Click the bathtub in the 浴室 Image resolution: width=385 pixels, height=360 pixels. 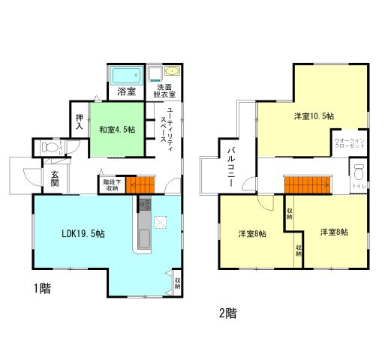[x=125, y=76]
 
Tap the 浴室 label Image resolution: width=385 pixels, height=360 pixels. [x=126, y=92]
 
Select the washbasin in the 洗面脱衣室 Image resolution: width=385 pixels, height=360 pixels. [x=173, y=73]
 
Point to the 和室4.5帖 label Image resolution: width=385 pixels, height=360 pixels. [x=117, y=129]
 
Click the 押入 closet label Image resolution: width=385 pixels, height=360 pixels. [x=80, y=121]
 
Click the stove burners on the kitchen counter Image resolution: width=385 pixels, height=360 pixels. [x=145, y=205]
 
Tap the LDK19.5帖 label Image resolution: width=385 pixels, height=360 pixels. [x=83, y=234]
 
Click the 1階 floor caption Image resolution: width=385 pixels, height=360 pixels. [x=42, y=287]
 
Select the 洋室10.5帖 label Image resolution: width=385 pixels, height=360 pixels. [x=314, y=116]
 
